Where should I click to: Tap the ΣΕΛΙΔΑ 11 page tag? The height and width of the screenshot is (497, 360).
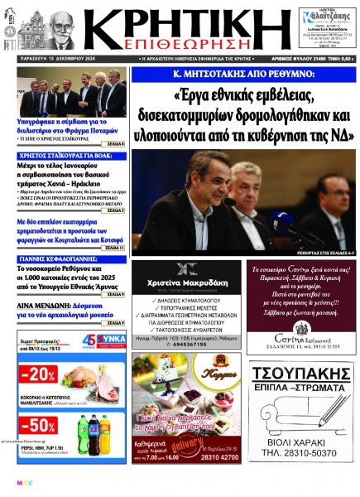[114, 248]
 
